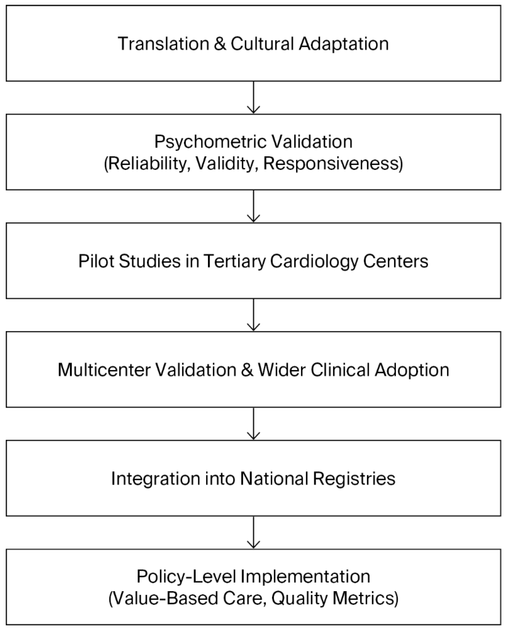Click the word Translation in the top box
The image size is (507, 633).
point(163,44)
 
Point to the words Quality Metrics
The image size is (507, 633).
point(334,598)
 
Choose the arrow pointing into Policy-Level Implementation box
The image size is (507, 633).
point(253,532)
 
